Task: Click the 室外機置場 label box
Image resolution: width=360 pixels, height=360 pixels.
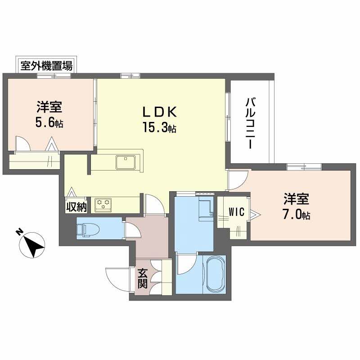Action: click(46, 66)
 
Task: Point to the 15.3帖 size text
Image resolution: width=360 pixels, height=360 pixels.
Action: click(159, 128)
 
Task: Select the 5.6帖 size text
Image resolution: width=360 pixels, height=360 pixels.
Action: click(49, 123)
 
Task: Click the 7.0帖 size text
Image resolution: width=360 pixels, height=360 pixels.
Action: click(296, 214)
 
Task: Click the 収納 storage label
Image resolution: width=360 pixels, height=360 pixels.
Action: click(76, 207)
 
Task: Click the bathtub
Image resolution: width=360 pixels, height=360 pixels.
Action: click(214, 274)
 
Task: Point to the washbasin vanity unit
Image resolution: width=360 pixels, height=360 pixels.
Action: click(206, 210)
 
